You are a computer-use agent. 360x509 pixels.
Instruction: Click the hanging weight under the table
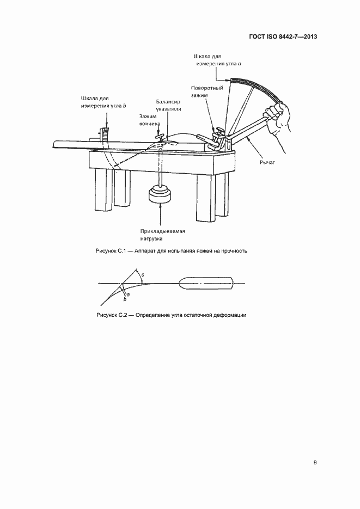coord(160,194)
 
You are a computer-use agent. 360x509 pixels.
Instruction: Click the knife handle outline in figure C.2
coord(206,284)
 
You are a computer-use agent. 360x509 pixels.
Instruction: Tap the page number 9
coord(315,463)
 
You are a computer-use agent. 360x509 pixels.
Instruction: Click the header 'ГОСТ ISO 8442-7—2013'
coord(282,37)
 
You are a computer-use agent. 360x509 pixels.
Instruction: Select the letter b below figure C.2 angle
coord(125,299)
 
